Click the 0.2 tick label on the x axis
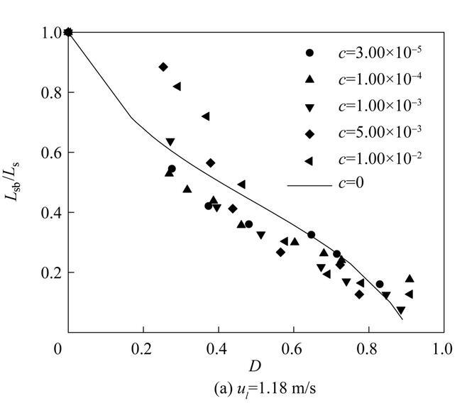(143, 349)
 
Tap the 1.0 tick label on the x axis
(442, 349)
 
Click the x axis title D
(254, 366)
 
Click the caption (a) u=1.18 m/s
(254, 389)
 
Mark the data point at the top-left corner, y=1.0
(69, 32)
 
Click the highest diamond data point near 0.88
(164, 67)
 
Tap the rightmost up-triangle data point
(410, 278)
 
